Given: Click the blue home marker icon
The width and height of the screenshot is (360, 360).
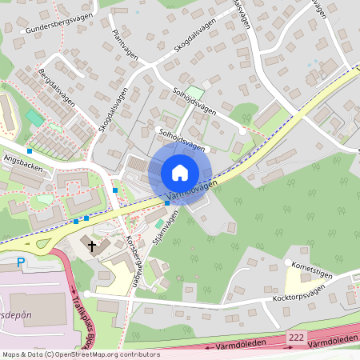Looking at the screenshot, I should (180, 172).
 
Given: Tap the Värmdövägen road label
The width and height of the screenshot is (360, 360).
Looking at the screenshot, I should (192, 190).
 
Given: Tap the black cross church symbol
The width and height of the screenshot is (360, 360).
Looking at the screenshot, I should (92, 246).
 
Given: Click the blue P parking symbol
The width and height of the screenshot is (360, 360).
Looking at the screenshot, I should (21, 262).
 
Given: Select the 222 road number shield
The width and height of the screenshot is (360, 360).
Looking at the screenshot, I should (297, 339).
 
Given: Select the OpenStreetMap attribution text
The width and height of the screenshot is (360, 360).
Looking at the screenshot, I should (80, 354).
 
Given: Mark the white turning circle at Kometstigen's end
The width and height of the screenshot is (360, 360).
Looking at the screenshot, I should (286, 262).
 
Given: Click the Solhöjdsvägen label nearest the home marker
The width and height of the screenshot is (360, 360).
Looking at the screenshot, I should (182, 140).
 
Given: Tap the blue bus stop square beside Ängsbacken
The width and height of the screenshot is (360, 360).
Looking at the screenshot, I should (30, 150).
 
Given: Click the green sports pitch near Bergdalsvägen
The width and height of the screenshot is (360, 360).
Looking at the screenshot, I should (34, 118).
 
